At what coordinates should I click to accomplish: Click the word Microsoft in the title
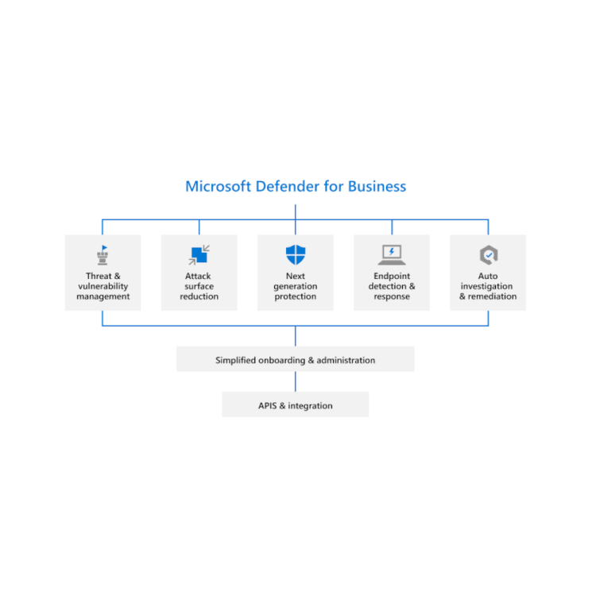pyautogui.click(x=218, y=187)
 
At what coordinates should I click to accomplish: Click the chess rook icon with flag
pyautogui.click(x=103, y=254)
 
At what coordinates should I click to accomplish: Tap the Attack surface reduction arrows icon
pyautogui.click(x=199, y=255)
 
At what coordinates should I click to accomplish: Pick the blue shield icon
pyautogui.click(x=296, y=255)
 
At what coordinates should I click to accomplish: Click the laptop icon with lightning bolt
pyautogui.click(x=392, y=255)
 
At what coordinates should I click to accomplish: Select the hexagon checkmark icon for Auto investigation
pyautogui.click(x=488, y=255)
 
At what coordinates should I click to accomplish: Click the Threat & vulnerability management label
pyautogui.click(x=103, y=287)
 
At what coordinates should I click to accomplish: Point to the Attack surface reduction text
pyautogui.click(x=199, y=287)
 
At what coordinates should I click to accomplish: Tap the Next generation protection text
pyautogui.click(x=296, y=287)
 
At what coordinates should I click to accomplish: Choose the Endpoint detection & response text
pyautogui.click(x=392, y=287)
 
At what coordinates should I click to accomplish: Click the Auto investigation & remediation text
pyautogui.click(x=488, y=287)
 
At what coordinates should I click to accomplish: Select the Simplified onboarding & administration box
pyautogui.click(x=296, y=360)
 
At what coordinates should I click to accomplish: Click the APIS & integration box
pyautogui.click(x=296, y=405)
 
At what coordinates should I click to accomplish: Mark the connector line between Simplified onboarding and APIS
pyautogui.click(x=296, y=381)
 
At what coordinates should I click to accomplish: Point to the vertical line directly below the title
pyautogui.click(x=296, y=211)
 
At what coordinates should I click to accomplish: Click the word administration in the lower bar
pyautogui.click(x=345, y=361)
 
